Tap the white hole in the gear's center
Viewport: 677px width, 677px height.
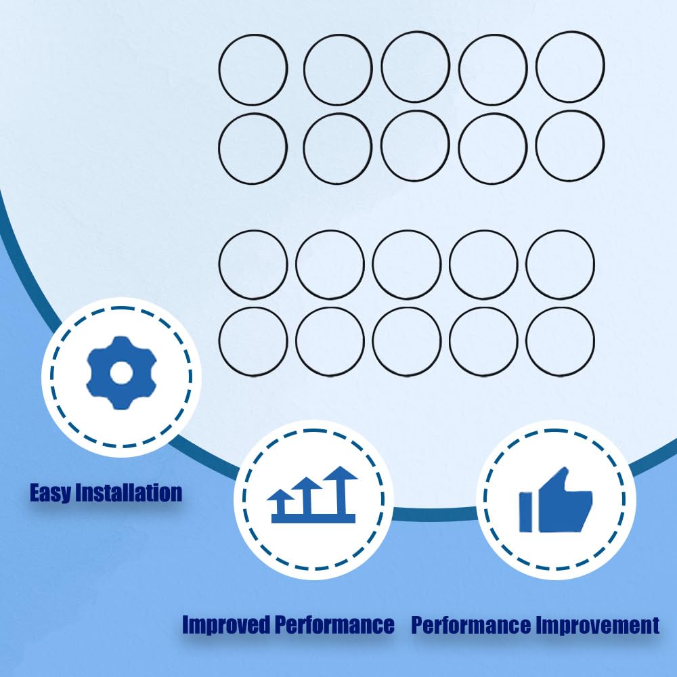tap(121, 373)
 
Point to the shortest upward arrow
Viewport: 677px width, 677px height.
tap(281, 502)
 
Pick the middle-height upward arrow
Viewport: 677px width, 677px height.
tap(307, 496)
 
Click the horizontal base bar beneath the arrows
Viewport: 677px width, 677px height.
tap(313, 519)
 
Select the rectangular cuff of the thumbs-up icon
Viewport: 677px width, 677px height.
tap(525, 512)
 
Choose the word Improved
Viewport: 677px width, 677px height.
tap(226, 625)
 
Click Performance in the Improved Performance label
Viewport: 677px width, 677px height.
tap(334, 625)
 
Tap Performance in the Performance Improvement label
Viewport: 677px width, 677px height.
tap(471, 625)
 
